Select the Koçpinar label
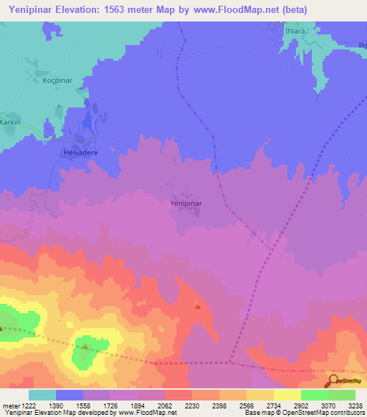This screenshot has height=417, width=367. [x=39, y=80]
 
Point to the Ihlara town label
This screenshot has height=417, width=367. [x=295, y=32]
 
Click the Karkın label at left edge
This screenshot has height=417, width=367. [x=10, y=121]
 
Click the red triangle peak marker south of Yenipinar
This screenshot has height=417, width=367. [x=198, y=307]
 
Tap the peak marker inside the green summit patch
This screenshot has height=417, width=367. [x=85, y=347]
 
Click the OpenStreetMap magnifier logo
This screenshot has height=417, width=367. [x=333, y=381]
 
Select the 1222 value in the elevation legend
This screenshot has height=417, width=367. [x=24, y=405]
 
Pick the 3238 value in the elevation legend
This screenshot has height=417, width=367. [x=355, y=405]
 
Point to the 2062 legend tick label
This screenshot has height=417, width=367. [x=164, y=405]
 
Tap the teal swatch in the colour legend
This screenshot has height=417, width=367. [x=42, y=395]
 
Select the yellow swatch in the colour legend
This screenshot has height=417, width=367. [x=287, y=395]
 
